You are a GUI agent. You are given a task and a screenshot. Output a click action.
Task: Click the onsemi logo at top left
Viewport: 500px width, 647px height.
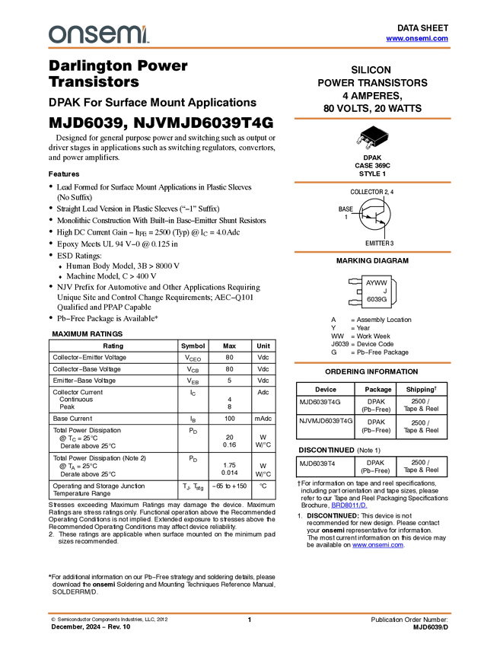tap(99, 34)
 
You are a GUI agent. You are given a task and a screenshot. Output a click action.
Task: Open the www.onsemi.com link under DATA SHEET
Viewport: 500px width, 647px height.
tap(417, 38)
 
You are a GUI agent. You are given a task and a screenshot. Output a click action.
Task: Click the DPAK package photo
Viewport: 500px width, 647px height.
tap(372, 139)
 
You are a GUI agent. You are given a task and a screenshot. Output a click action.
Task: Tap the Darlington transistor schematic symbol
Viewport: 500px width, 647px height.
tap(374, 214)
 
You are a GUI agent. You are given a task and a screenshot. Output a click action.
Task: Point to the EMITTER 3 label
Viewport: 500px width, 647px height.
tap(379, 244)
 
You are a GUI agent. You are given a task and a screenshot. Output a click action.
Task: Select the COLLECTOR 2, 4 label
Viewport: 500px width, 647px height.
tap(371, 192)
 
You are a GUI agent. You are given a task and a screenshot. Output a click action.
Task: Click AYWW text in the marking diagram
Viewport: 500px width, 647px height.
tap(376, 282)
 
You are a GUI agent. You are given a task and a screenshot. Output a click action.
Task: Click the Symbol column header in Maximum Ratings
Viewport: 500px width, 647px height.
tap(193, 346)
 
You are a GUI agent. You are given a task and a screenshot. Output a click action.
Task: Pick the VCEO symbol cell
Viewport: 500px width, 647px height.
tap(193, 358)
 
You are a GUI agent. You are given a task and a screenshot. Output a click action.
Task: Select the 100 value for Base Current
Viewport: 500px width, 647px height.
tap(229, 419)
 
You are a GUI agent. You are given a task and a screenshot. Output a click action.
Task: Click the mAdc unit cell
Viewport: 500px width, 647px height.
tap(263, 419)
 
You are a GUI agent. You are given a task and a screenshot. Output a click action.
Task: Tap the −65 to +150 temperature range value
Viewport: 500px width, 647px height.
tap(229, 486)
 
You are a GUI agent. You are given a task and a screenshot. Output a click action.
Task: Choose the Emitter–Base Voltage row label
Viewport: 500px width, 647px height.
tap(84, 381)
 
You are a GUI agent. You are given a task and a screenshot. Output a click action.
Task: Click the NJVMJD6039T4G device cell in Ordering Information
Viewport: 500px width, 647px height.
tap(326, 421)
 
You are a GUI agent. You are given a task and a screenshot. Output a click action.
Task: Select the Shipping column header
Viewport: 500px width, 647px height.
tap(421, 389)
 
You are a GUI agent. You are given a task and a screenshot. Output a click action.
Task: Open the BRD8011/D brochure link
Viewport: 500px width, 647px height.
tap(349, 505)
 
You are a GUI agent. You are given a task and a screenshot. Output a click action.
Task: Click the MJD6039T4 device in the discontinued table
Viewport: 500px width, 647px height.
tap(317, 464)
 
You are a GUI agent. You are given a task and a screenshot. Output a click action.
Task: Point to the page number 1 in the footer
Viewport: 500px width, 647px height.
tap(249, 620)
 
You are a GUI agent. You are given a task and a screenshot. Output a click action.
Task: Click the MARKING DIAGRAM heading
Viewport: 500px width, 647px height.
tap(372, 261)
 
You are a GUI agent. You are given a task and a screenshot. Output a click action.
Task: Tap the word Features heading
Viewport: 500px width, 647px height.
tap(64, 174)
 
